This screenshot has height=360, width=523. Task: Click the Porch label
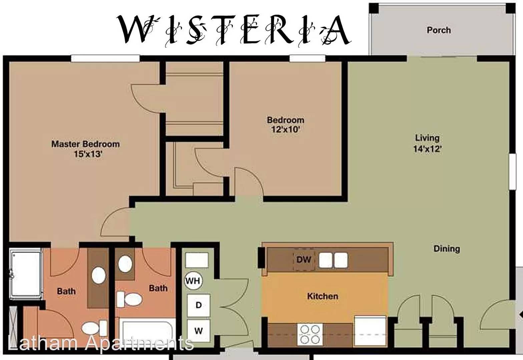[439, 30]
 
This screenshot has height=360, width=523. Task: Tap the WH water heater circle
[193, 281]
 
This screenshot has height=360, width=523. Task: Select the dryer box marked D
[199, 305]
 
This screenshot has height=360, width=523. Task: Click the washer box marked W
[199, 331]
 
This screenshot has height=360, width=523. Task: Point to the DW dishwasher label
[304, 259]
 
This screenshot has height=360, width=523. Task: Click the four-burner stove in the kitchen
[310, 334]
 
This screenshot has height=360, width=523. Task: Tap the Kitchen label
[323, 296]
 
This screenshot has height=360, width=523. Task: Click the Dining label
[447, 249]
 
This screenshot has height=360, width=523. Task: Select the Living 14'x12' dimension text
[427, 149]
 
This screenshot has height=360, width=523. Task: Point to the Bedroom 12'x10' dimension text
[285, 129]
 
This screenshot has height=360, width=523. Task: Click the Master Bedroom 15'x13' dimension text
[88, 154]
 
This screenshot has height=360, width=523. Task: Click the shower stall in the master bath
[26, 274]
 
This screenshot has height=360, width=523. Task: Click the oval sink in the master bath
[98, 276]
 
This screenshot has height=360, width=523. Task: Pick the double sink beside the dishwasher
[333, 260]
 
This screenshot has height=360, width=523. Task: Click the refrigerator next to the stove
[370, 331]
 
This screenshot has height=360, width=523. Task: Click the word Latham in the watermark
[43, 343]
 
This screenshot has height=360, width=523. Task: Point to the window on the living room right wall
[512, 171]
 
